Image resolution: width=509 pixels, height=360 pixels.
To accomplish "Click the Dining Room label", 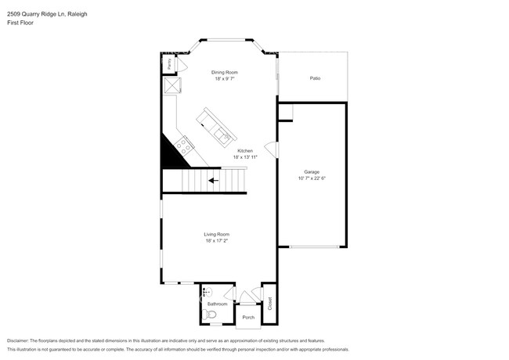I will pos(223,73).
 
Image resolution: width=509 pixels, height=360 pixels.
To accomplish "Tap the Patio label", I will pos(315,78).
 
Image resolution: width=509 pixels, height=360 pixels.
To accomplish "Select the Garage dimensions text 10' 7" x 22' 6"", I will pos(312,178).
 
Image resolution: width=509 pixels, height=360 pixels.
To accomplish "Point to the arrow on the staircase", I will pos(213,181).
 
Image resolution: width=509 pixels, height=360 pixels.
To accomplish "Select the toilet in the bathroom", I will pos(208,315).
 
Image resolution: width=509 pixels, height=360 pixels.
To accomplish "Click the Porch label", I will pos(249,317).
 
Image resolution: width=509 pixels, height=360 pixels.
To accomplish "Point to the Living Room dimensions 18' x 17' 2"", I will pos(217,241).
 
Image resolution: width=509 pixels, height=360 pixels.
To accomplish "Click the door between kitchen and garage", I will pos(272,149).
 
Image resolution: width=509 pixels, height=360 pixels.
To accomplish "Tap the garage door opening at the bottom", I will pos(312,247).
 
